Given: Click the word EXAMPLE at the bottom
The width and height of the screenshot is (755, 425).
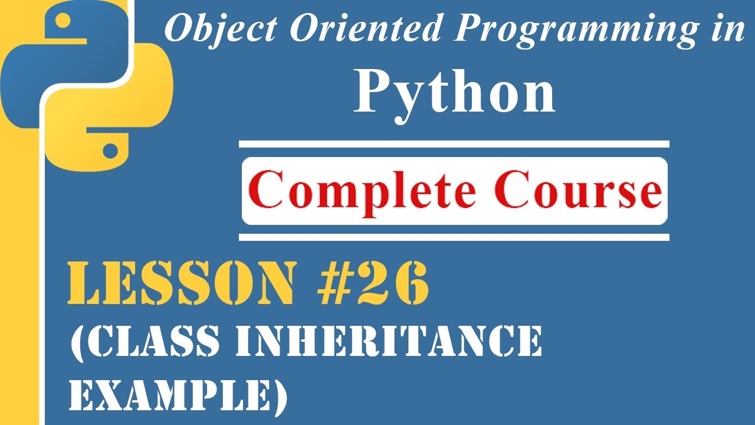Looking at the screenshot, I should [171, 393].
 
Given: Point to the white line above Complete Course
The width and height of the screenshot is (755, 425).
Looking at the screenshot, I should [454, 144].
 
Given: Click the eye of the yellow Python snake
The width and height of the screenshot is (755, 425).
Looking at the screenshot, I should [109, 150].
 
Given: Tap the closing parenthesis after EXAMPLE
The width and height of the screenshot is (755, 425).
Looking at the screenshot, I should [280, 394].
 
